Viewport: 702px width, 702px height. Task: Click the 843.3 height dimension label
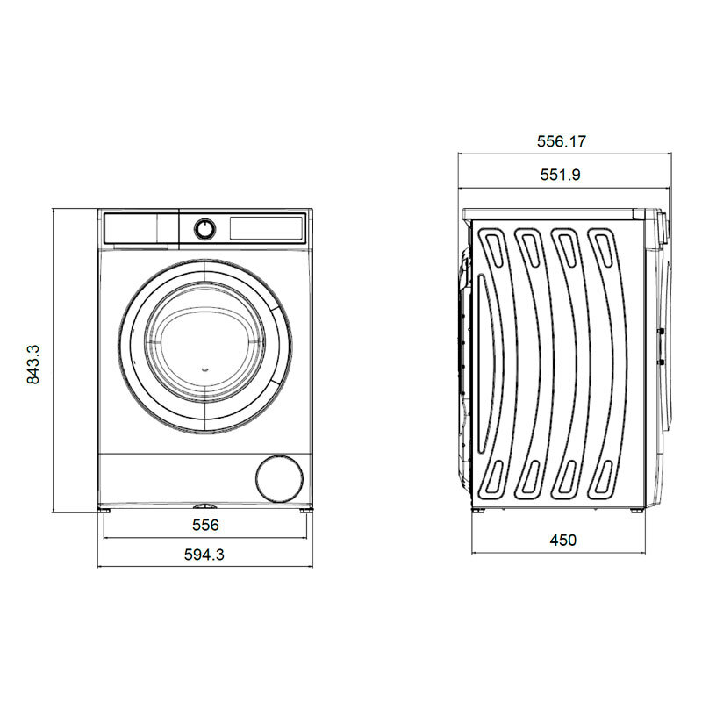point(34,364)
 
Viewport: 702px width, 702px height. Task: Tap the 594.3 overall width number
point(204,554)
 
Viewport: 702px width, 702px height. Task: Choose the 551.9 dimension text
point(561,175)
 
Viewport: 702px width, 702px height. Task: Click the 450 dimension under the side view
point(562,541)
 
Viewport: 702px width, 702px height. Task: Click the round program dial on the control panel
point(204,228)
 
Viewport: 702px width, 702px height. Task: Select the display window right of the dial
point(267,227)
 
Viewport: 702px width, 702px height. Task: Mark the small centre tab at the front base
point(204,506)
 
